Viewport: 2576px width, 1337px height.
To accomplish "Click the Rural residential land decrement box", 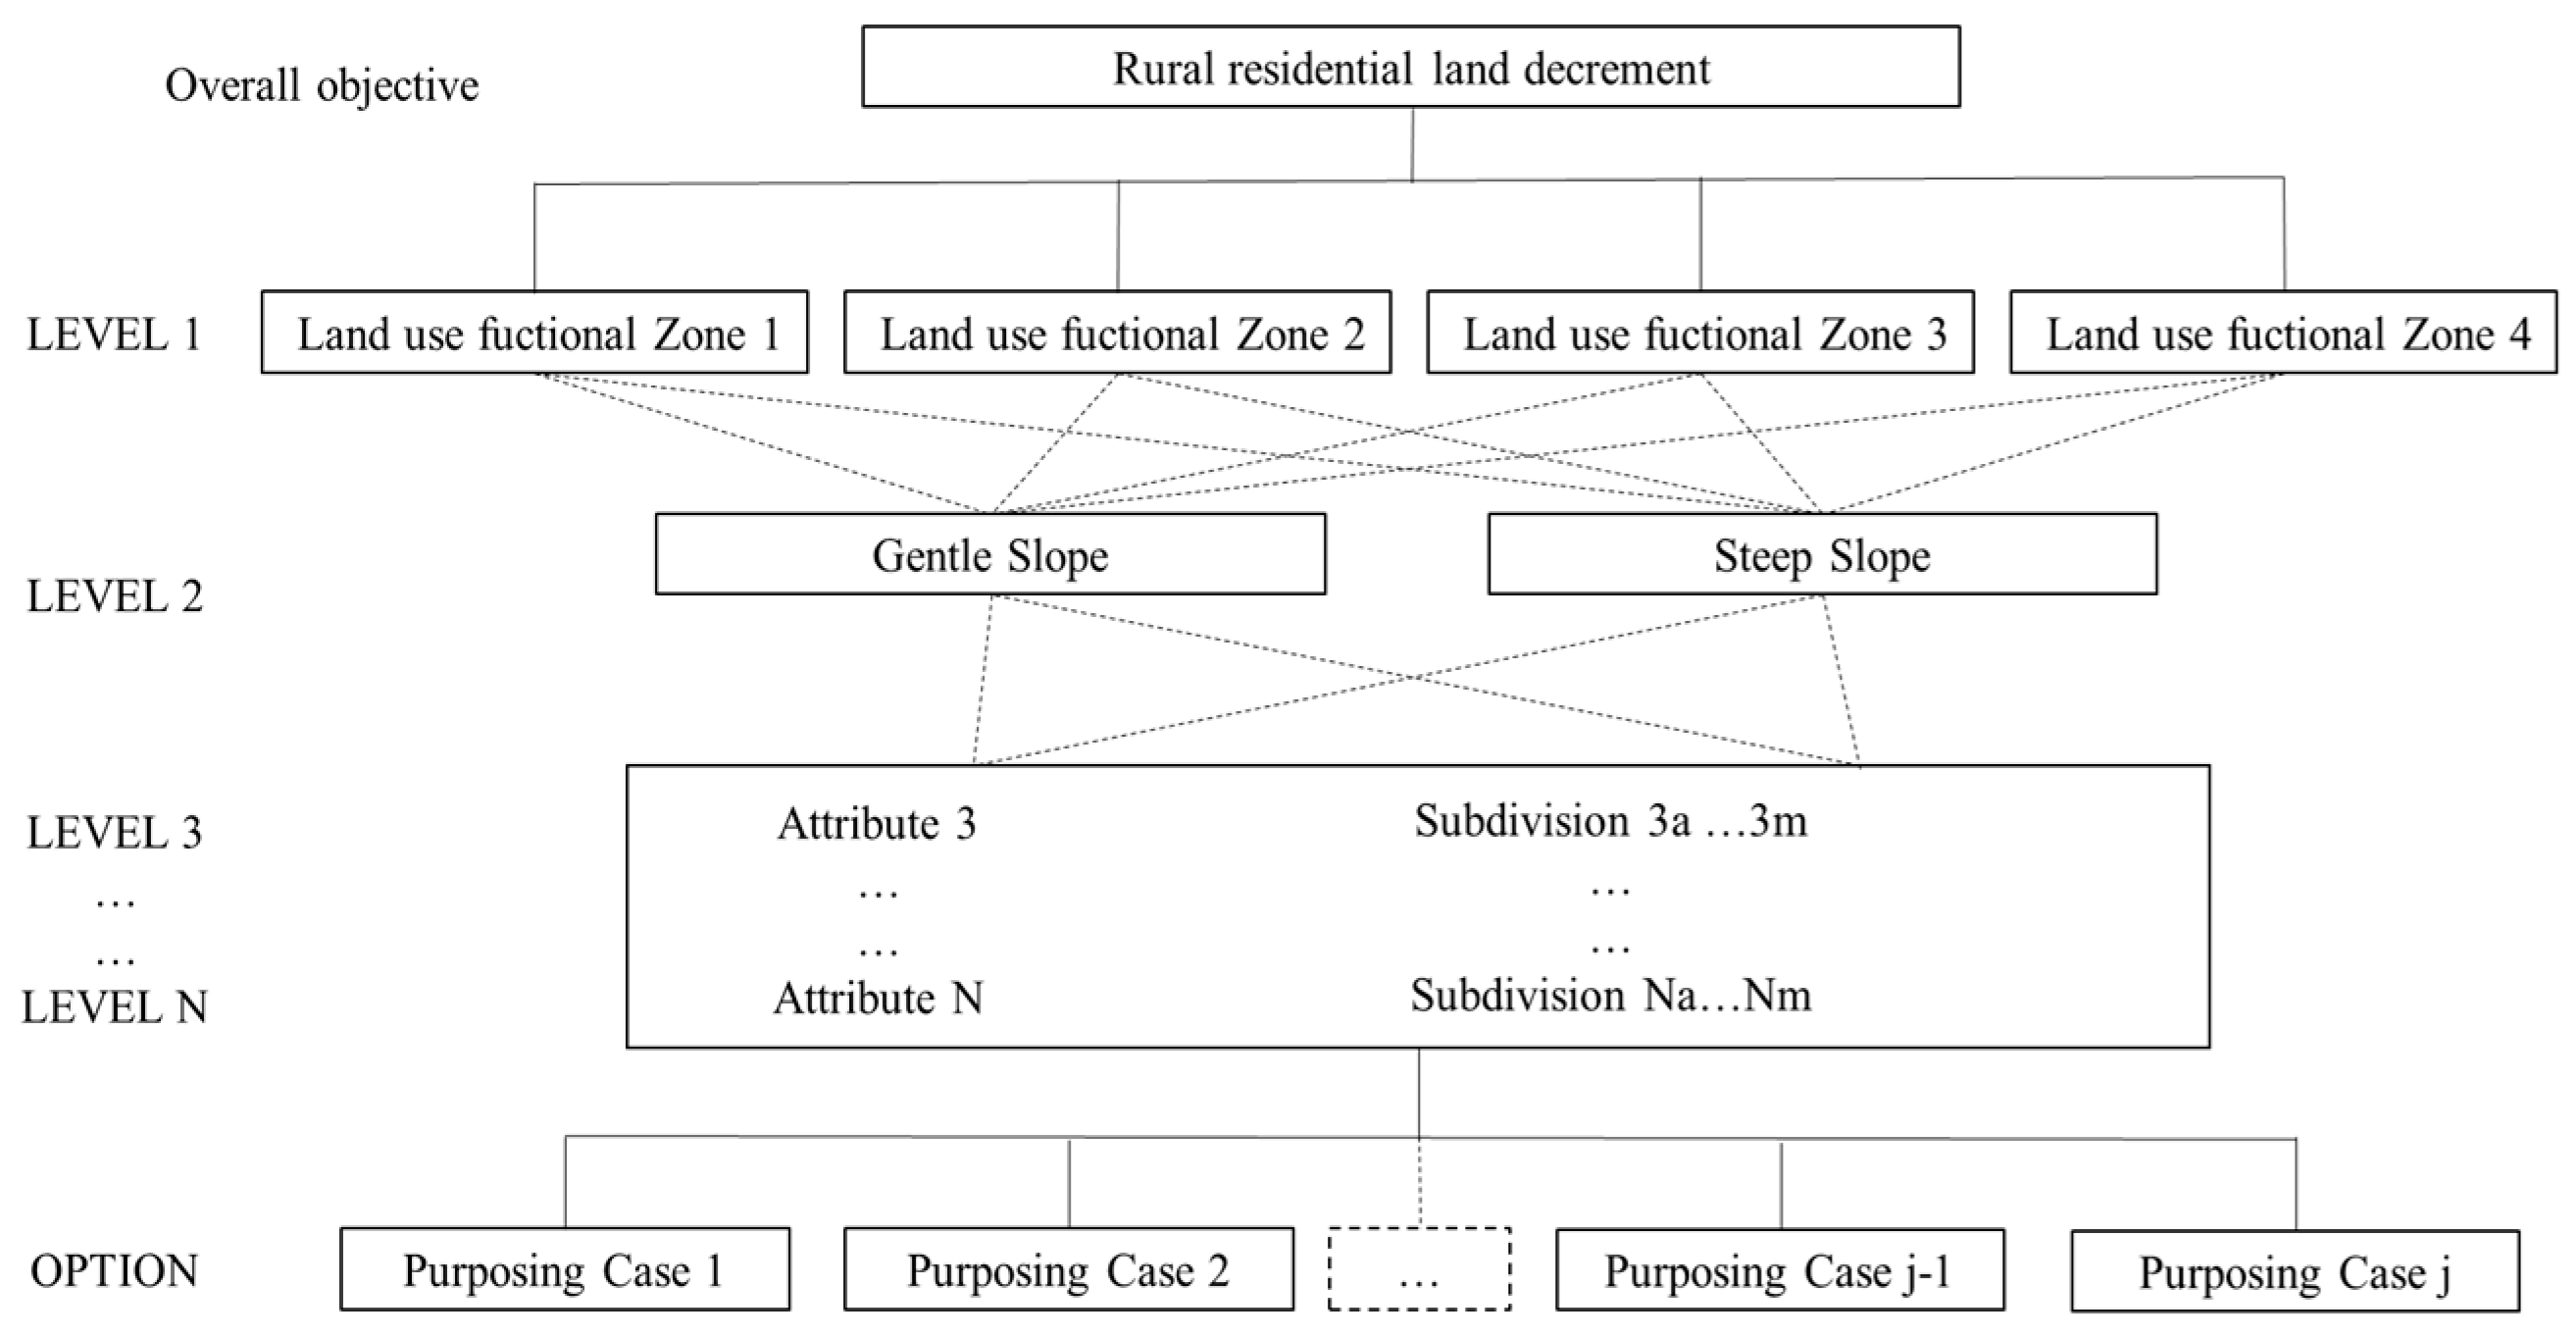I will pyautogui.click(x=1410, y=67).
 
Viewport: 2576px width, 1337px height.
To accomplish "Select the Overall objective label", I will pyautogui.click(x=321, y=85).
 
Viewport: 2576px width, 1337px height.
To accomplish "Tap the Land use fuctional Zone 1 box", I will pyautogui.click(x=534, y=333).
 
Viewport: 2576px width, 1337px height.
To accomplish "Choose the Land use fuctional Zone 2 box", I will pyautogui.click(x=1117, y=333).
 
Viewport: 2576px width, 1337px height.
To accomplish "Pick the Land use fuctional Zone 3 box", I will pyautogui.click(x=1700, y=333).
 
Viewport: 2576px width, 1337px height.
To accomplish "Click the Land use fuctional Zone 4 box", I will pyautogui.click(x=2283, y=333).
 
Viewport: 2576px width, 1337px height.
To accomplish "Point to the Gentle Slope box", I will pyautogui.click(x=990, y=555).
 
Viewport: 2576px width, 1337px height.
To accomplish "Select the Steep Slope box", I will pyautogui.click(x=1822, y=555).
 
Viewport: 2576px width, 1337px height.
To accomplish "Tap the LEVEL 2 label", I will pyautogui.click(x=114, y=596).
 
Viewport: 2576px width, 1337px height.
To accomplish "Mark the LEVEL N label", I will pyautogui.click(x=114, y=1007).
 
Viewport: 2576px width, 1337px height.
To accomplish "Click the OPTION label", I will pyautogui.click(x=114, y=1271).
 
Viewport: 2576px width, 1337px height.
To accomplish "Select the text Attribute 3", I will pyautogui.click(x=876, y=824).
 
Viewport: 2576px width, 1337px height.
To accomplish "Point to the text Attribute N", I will pyautogui.click(x=878, y=998).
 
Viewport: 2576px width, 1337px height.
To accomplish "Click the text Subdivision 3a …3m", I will pyautogui.click(x=1610, y=821).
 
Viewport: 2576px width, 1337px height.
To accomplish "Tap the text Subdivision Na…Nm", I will pyautogui.click(x=1610, y=995).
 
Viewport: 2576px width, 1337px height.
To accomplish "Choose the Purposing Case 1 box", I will pyautogui.click(x=564, y=1270).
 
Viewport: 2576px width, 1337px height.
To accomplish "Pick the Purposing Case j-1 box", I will pyautogui.click(x=1779, y=1270).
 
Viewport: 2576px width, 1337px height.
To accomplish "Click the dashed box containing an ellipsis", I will pyautogui.click(x=1419, y=1270).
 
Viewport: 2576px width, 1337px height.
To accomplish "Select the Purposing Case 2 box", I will pyautogui.click(x=1068, y=1270).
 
